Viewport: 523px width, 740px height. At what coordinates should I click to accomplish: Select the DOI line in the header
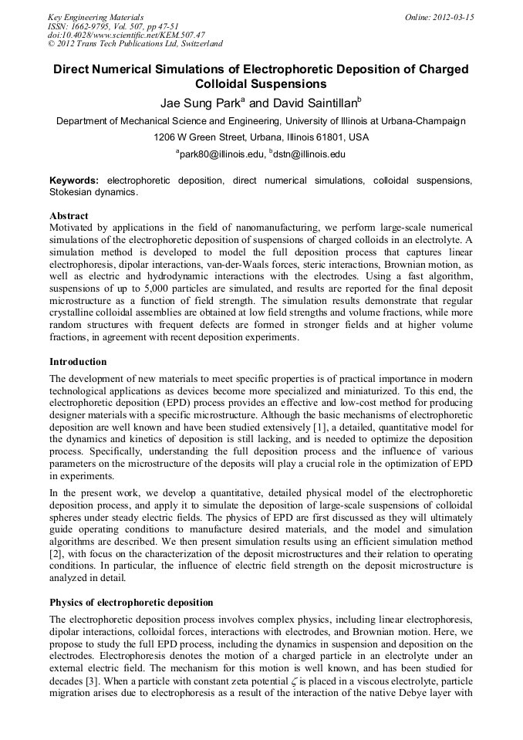pos(127,35)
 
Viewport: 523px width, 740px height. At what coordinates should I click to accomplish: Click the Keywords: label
pos(74,180)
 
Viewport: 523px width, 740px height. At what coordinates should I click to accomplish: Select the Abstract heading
pos(69,216)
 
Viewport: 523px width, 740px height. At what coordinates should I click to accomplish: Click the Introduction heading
pos(78,361)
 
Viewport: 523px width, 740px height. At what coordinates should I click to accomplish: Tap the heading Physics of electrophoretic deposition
pos(131,602)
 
